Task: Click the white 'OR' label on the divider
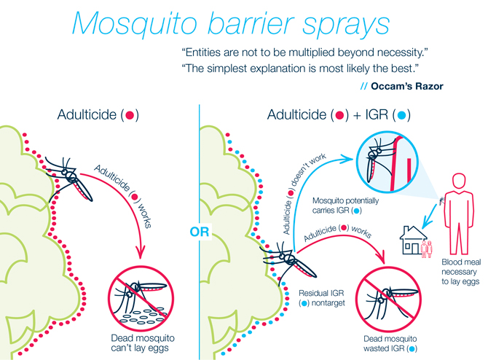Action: click(200, 233)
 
